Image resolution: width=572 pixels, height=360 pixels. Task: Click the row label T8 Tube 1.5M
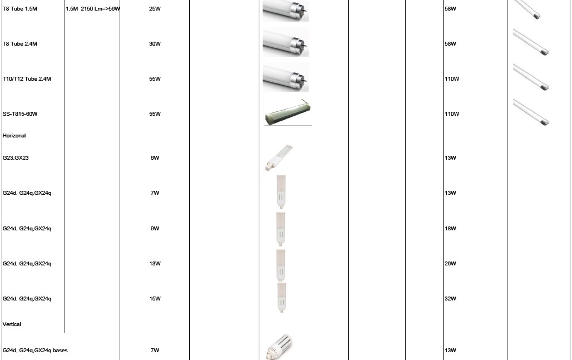click(x=19, y=9)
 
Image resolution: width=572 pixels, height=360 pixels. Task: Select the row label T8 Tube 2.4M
click(x=19, y=44)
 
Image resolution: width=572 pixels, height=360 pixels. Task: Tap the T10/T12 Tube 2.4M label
click(x=27, y=79)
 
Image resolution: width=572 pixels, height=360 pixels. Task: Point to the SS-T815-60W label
click(x=20, y=114)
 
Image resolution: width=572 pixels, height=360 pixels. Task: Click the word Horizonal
click(x=14, y=136)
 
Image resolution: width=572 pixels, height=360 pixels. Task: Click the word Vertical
click(x=12, y=324)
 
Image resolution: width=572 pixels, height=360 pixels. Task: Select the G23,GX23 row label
click(x=16, y=158)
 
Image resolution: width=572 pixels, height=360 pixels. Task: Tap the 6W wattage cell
click(x=155, y=158)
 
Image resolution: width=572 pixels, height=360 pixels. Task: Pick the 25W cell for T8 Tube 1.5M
click(x=155, y=9)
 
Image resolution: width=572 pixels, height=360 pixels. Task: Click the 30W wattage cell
click(x=155, y=44)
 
